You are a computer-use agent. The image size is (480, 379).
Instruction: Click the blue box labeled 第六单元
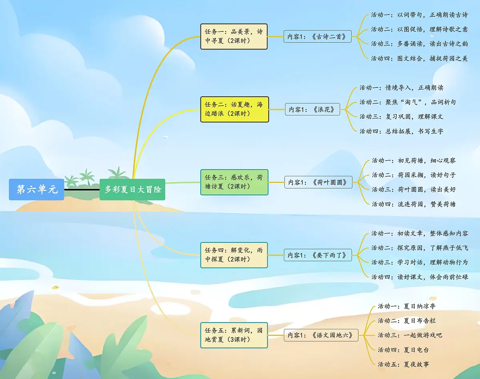click(x=36, y=189)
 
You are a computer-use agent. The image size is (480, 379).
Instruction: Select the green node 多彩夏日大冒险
click(x=132, y=189)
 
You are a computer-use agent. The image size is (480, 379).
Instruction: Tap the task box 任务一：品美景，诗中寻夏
click(x=234, y=36)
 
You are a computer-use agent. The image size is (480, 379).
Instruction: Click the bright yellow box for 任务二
click(x=234, y=109)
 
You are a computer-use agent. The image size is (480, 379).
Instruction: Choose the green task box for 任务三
click(x=234, y=182)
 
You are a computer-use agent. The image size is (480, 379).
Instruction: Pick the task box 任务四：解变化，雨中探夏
click(x=234, y=255)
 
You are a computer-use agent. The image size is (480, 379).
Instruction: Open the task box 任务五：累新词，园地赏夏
click(x=234, y=335)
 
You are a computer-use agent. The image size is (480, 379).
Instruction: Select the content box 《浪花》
click(x=312, y=109)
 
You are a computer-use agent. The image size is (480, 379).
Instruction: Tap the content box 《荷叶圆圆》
click(x=318, y=183)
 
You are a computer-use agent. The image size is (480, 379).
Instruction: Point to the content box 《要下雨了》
click(x=318, y=255)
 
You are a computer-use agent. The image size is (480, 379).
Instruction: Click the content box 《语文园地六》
click(x=321, y=335)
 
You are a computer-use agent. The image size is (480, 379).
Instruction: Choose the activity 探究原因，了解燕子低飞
click(x=420, y=248)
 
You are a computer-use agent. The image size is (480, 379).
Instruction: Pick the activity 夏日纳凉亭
click(x=406, y=306)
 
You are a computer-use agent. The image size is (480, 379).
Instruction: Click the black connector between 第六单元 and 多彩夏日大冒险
click(x=82, y=190)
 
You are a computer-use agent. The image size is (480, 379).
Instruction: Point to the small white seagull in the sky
click(x=164, y=137)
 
